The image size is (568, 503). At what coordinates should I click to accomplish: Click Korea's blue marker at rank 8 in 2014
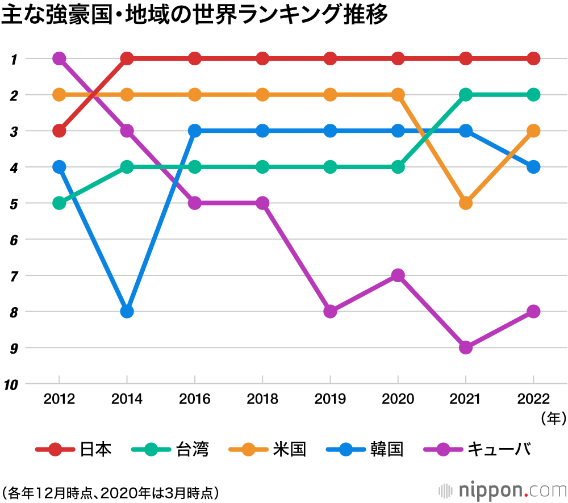point(127,312)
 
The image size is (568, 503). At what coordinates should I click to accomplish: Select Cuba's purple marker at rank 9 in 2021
point(466,347)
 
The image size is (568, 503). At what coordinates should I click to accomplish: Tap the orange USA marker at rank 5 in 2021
point(466,203)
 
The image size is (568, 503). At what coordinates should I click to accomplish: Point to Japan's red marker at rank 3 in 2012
point(59,131)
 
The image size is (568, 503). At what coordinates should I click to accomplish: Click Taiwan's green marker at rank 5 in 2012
point(59,203)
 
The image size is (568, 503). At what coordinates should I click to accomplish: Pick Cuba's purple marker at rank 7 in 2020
point(398,275)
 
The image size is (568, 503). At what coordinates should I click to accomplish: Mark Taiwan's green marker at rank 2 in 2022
point(533,94)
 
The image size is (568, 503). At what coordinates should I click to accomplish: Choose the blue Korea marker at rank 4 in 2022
point(533,167)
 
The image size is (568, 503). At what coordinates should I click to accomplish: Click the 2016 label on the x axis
point(195,399)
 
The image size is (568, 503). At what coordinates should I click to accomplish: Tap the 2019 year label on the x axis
point(330,399)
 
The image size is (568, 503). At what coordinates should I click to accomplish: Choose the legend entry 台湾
point(193,450)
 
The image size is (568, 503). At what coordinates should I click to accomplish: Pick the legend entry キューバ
point(499,450)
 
